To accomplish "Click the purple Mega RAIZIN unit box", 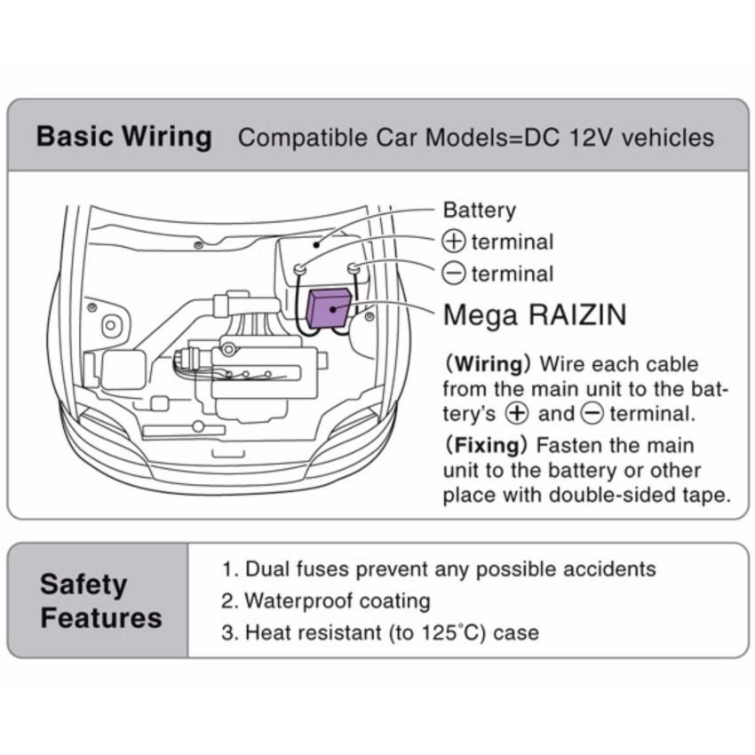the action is pyautogui.click(x=330, y=308).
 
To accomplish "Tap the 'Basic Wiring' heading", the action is pyautogui.click(x=124, y=136).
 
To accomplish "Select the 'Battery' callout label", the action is pyautogui.click(x=479, y=211).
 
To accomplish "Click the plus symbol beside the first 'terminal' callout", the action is pyautogui.click(x=454, y=242).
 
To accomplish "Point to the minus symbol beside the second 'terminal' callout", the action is pyautogui.click(x=454, y=274).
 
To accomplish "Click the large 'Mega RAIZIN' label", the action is pyautogui.click(x=535, y=315).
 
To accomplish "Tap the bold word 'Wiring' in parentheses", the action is pyautogui.click(x=489, y=364).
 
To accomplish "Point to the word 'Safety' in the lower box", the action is pyautogui.click(x=83, y=585).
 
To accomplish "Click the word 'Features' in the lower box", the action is pyautogui.click(x=101, y=618).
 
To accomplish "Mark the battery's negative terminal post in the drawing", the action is pyautogui.click(x=354, y=268).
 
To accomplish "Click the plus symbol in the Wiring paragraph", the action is pyautogui.click(x=517, y=414).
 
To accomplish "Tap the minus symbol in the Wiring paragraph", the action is pyautogui.click(x=592, y=414).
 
